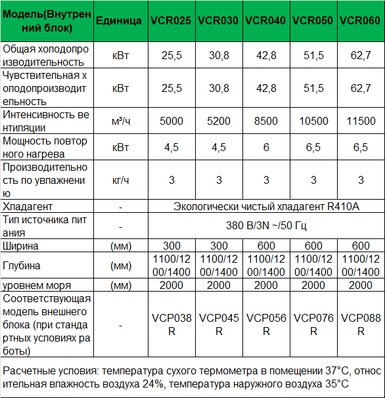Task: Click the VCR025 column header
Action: click(x=171, y=21)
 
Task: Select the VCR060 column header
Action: click(x=361, y=21)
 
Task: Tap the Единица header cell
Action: click(x=119, y=21)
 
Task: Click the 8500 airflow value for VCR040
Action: click(x=266, y=121)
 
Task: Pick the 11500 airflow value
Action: click(x=361, y=121)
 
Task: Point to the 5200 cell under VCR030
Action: click(x=219, y=121)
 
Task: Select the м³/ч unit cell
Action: click(x=120, y=121)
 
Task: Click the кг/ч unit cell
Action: click(x=120, y=180)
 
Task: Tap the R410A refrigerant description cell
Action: click(x=266, y=206)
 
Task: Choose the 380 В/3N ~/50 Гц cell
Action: click(x=266, y=226)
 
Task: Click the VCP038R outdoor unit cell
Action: click(x=171, y=324)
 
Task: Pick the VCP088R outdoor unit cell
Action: click(x=361, y=324)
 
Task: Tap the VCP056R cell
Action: click(x=266, y=324)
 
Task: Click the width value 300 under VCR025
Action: click(x=171, y=246)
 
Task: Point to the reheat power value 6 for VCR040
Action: click(x=266, y=147)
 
